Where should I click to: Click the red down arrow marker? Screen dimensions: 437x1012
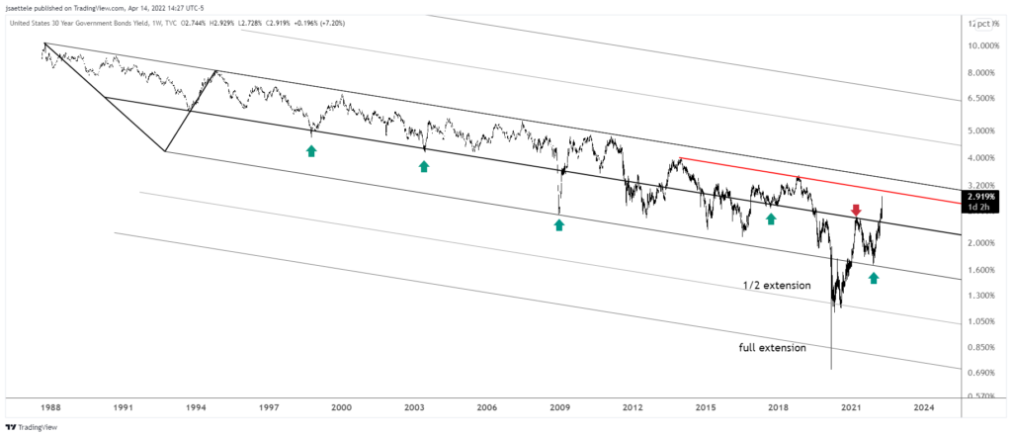click(856, 210)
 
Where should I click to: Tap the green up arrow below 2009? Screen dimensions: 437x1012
click(558, 225)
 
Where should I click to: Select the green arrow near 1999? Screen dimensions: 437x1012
click(311, 150)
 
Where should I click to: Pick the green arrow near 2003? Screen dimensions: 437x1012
click(424, 166)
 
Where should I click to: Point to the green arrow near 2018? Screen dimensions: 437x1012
click(771, 218)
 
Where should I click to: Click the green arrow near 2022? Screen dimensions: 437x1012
click(874, 278)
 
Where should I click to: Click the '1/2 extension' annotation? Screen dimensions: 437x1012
click(777, 286)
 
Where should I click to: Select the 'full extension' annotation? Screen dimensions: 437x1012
click(772, 348)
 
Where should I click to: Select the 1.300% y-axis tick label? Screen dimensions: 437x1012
click(982, 295)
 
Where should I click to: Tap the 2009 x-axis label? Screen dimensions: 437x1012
click(559, 406)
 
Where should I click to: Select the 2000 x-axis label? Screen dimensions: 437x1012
click(341, 406)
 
